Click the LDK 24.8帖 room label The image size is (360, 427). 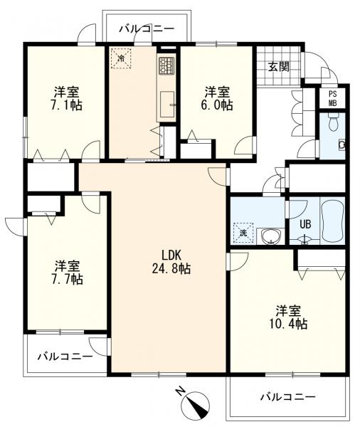(x=171, y=262)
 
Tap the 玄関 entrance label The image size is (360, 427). (x=278, y=66)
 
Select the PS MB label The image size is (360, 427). (x=332, y=98)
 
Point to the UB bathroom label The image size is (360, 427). (x=305, y=224)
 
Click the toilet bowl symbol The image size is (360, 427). (x=333, y=123)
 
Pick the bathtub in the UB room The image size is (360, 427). (x=332, y=221)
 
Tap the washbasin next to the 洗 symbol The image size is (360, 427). (x=270, y=236)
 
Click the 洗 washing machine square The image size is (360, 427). (x=243, y=233)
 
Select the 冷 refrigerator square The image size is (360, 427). (x=121, y=58)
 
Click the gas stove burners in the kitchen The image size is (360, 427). (x=166, y=65)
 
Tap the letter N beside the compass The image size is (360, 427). (x=180, y=391)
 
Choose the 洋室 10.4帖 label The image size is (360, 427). (x=289, y=317)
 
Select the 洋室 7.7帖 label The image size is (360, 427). (x=68, y=273)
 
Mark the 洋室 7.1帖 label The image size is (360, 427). (x=66, y=98)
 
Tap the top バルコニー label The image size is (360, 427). (x=147, y=28)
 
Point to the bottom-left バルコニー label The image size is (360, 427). (x=65, y=357)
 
